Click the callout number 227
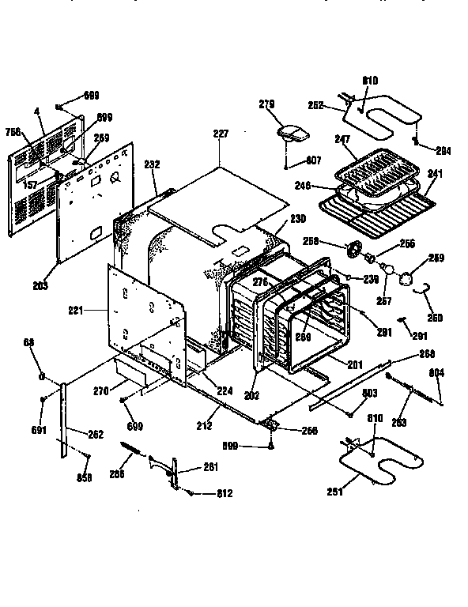[x=220, y=134]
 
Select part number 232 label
[x=153, y=164]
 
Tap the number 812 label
[x=225, y=494]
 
